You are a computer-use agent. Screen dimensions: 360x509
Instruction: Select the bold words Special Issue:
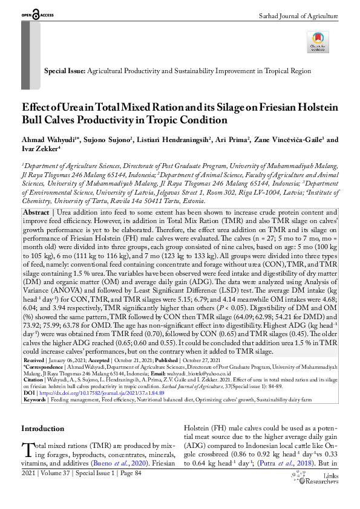click(65, 71)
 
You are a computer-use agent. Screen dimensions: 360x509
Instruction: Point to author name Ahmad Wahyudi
click(48, 140)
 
